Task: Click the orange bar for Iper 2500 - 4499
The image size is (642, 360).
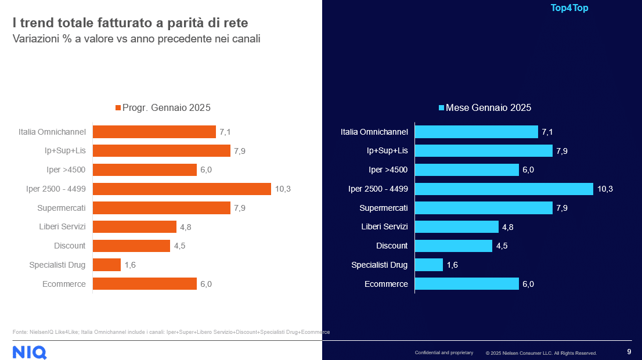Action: [x=182, y=189]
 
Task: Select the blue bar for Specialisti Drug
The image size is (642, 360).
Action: [x=429, y=265]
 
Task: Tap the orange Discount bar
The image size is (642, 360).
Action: [x=131, y=246]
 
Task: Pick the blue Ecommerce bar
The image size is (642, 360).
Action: [x=467, y=284]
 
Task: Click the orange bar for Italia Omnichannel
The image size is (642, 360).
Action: [x=154, y=132]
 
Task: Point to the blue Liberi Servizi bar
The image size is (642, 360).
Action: [x=457, y=226]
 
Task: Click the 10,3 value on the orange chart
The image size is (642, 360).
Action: [x=283, y=189]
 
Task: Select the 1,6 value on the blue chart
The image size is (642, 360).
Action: [x=452, y=265]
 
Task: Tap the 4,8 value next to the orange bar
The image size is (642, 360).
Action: [x=185, y=227]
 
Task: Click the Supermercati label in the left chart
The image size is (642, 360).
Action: [x=62, y=208]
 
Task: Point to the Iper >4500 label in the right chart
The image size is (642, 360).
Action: [x=388, y=170]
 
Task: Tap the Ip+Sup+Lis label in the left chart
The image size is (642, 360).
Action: [x=66, y=151]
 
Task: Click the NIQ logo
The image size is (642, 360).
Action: [x=30, y=352]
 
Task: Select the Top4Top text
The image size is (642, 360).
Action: [x=569, y=8]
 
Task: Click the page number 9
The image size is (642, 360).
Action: [x=629, y=351]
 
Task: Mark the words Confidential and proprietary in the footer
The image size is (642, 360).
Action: [x=444, y=353]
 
